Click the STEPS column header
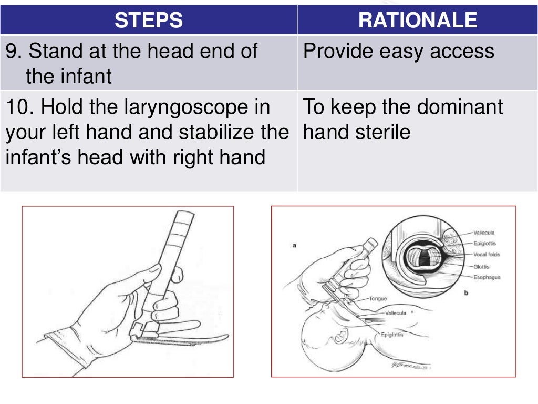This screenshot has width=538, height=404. tap(149, 20)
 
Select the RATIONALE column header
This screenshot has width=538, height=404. tap(417, 20)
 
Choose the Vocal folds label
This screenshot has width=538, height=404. tap(487, 255)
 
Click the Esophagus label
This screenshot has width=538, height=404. tap(487, 277)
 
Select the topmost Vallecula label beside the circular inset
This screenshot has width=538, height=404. tap(484, 232)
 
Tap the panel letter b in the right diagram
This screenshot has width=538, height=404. tap(465, 293)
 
